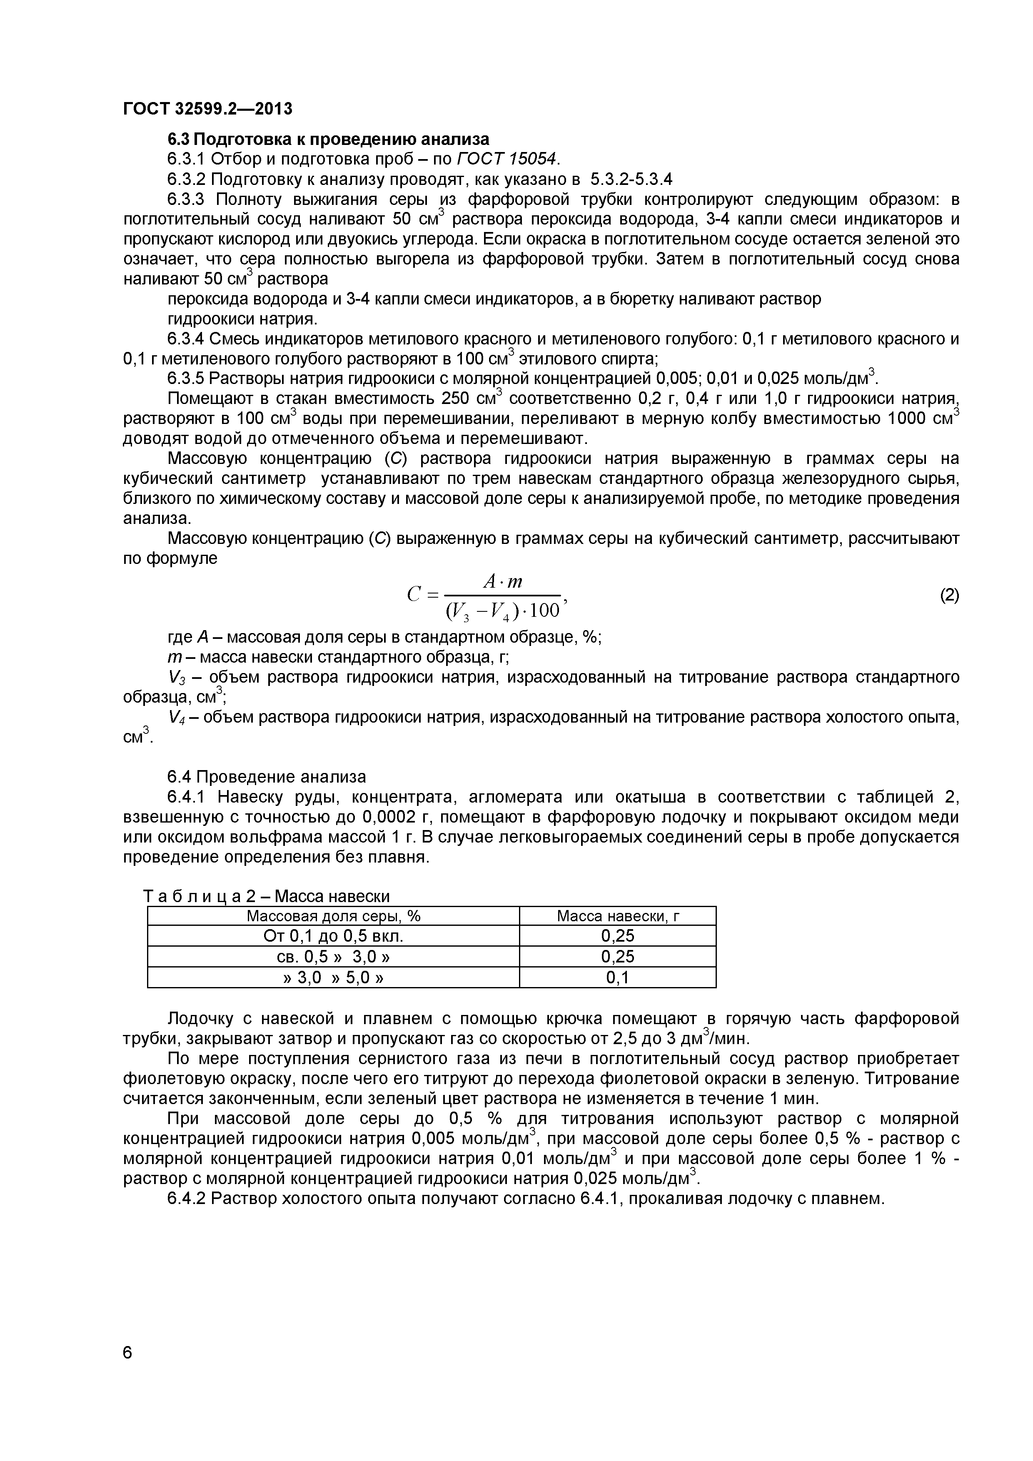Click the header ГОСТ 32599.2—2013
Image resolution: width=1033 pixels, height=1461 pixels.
207,109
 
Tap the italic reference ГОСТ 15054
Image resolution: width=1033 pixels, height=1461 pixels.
508,158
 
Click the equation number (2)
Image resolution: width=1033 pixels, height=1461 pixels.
949,595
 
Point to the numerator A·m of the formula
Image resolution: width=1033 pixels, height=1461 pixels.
503,581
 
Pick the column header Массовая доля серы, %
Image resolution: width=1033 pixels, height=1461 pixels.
334,916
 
